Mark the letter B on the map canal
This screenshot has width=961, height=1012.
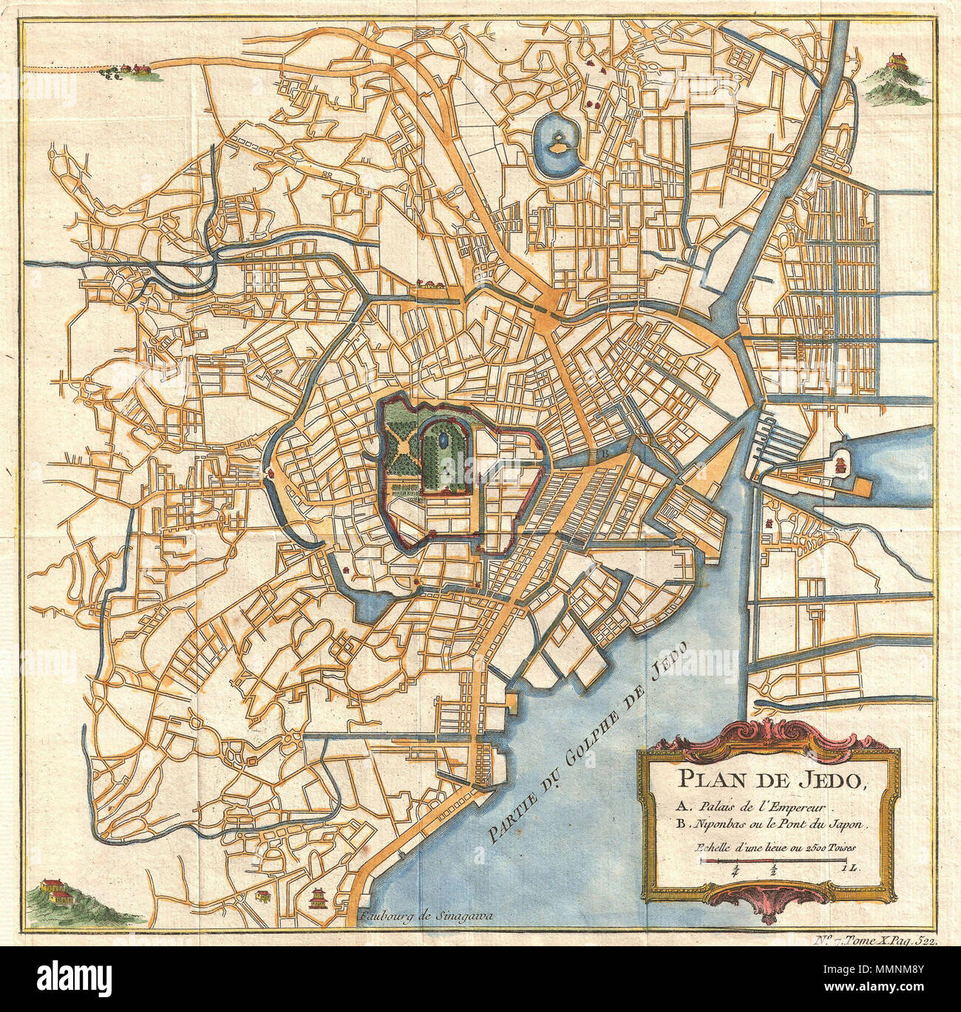click(604, 452)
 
